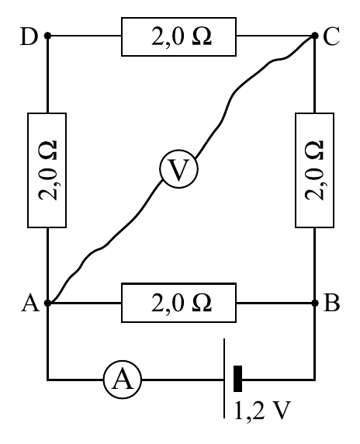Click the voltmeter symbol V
tap(178, 168)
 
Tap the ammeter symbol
tap(123, 380)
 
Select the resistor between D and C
tap(179, 36)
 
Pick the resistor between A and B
tap(179, 303)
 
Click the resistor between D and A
tap(47, 170)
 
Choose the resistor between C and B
tap(315, 170)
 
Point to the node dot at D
tap(47, 36)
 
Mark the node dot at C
tap(315, 36)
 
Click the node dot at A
tap(47, 303)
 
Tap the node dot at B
tap(315, 303)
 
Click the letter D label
tap(29, 36)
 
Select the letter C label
tap(331, 36)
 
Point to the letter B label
tap(331, 303)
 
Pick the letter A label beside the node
tap(30, 304)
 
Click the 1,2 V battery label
tap(262, 411)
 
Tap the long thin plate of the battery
tap(224, 378)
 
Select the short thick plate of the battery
tap(237, 379)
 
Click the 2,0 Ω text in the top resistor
tap(182, 36)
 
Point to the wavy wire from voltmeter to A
tap(111, 238)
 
